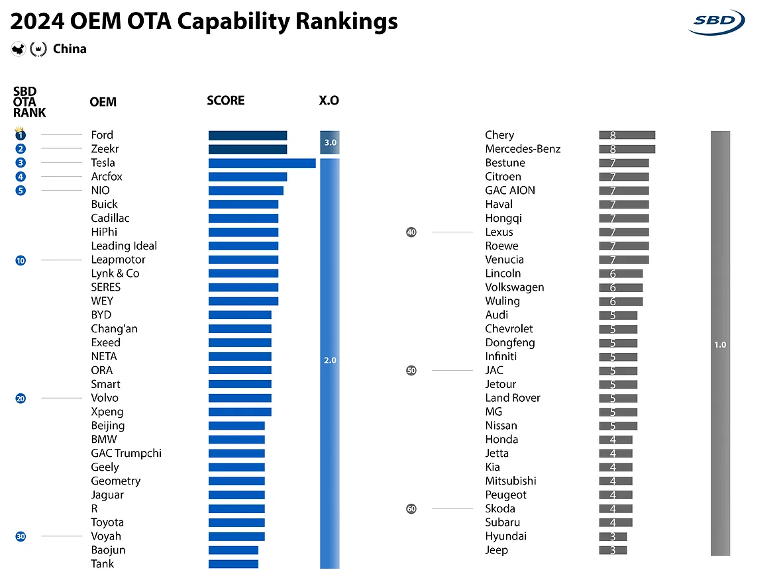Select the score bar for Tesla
click(x=262, y=163)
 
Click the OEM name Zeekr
click(x=105, y=149)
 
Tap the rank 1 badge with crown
click(x=21, y=134)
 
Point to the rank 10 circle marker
click(x=21, y=260)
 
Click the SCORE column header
click(x=225, y=101)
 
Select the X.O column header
click(x=329, y=101)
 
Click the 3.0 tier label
click(x=330, y=142)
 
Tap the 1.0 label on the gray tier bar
click(x=720, y=345)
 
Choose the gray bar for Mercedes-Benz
click(x=627, y=149)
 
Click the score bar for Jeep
click(x=613, y=550)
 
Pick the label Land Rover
click(x=512, y=398)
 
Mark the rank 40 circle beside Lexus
click(x=411, y=232)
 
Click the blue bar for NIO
click(x=246, y=191)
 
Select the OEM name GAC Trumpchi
click(x=126, y=453)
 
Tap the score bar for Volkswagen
click(x=621, y=287)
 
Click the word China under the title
click(x=70, y=48)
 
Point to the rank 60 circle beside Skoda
click(x=411, y=509)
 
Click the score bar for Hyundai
click(x=613, y=536)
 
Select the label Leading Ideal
click(x=124, y=246)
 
